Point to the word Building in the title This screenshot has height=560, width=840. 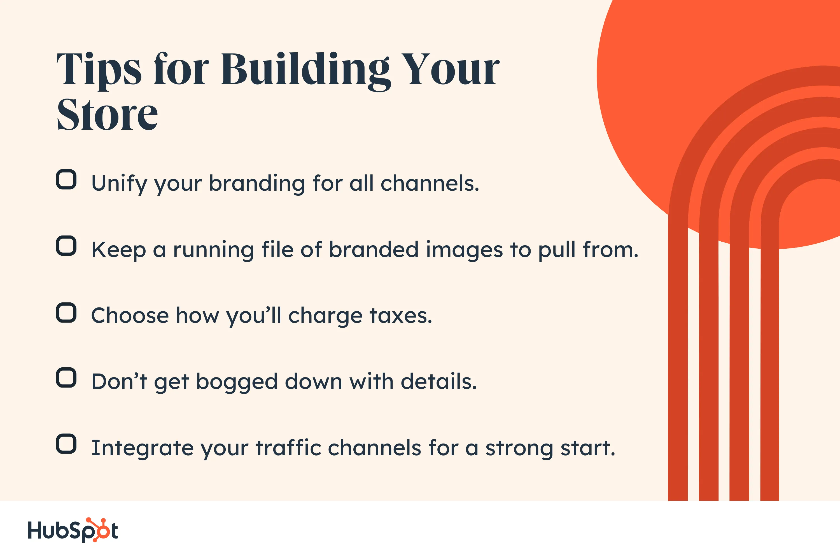306,70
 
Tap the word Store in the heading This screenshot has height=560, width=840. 107,114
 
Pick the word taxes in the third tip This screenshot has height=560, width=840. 401,316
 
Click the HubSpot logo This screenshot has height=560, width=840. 73,530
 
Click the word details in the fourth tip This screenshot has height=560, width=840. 439,382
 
